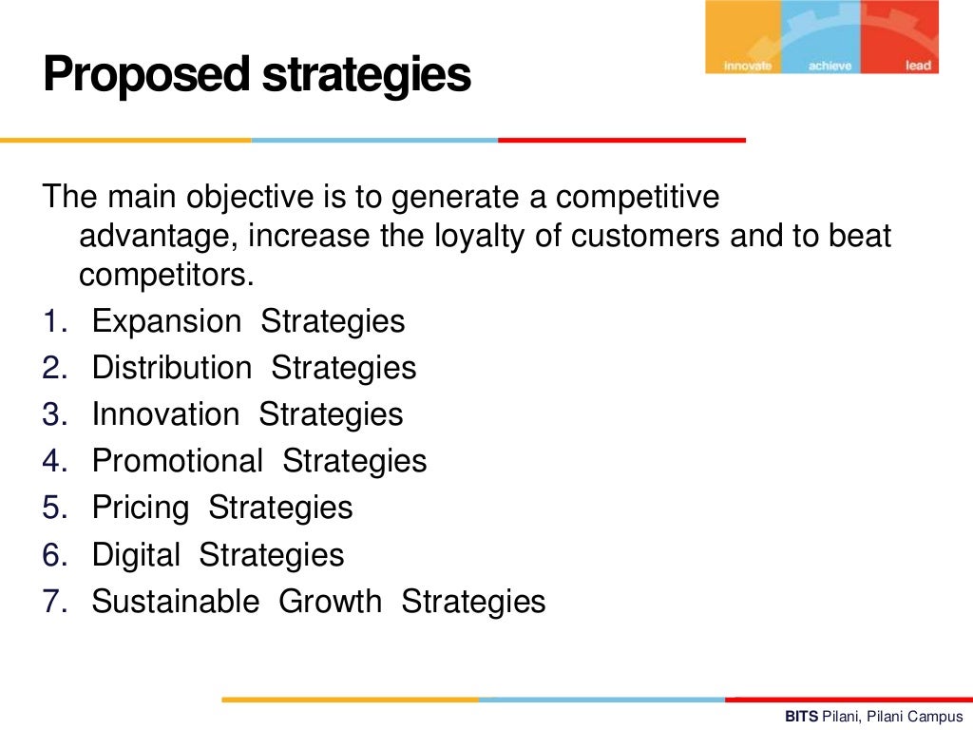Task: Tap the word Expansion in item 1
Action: (x=166, y=322)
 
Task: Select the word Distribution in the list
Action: (x=172, y=369)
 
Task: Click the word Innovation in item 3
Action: (x=165, y=415)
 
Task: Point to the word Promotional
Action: (x=177, y=462)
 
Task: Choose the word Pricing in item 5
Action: (x=140, y=509)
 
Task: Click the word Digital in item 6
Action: (x=136, y=555)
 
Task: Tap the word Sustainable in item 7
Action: (x=175, y=602)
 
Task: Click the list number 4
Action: (x=51, y=462)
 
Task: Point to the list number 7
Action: (x=51, y=602)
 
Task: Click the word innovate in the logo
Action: (x=747, y=66)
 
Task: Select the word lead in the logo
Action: (x=918, y=66)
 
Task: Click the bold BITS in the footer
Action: (x=801, y=717)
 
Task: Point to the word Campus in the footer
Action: (x=938, y=717)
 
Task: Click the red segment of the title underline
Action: (x=621, y=140)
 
